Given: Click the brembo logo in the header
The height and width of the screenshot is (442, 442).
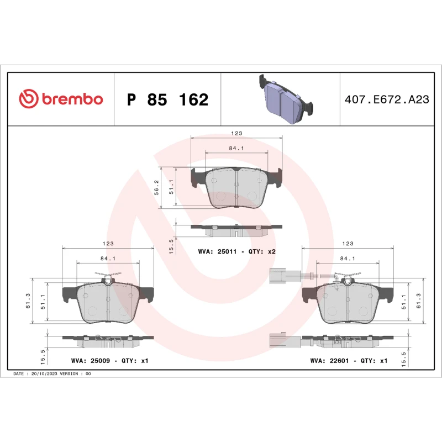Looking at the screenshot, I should pyautogui.click(x=61, y=99).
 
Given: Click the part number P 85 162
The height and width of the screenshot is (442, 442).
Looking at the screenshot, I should pyautogui.click(x=167, y=100).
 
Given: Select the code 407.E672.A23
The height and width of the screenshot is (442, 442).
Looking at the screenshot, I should pyautogui.click(x=386, y=100).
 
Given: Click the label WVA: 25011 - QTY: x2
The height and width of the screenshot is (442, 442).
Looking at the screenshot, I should pyautogui.click(x=236, y=251).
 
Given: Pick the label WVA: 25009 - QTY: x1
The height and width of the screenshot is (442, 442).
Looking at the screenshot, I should pyautogui.click(x=109, y=360).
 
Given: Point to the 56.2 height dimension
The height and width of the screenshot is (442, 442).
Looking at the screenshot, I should pyautogui.click(x=156, y=187).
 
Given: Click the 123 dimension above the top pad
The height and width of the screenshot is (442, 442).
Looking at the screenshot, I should pyautogui.click(x=236, y=133).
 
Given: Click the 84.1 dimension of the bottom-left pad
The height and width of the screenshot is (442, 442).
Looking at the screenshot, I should pyautogui.click(x=108, y=257).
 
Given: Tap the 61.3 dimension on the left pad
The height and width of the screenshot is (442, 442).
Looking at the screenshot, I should pyautogui.click(x=28, y=302).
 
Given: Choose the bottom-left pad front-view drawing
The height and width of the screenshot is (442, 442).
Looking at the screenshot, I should pyautogui.click(x=108, y=302).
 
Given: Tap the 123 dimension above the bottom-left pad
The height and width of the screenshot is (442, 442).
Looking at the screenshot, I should pyautogui.click(x=108, y=244).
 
